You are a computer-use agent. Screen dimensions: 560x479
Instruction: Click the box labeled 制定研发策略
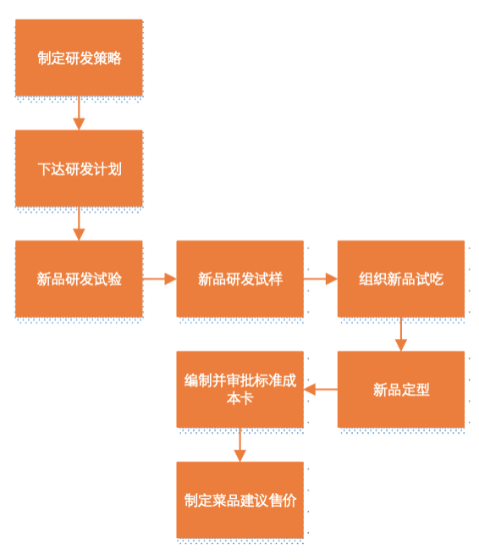point(79,58)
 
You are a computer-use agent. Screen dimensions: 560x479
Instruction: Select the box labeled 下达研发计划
point(79,168)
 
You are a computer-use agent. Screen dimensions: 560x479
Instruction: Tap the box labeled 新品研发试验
point(79,279)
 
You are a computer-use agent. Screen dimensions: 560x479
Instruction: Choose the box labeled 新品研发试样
point(239,279)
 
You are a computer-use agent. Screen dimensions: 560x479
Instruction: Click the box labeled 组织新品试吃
point(400,279)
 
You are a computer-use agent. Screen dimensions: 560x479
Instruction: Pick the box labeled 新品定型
point(400,390)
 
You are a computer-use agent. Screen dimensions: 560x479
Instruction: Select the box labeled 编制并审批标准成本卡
point(239,390)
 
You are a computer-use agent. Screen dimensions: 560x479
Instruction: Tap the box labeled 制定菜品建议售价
point(239,500)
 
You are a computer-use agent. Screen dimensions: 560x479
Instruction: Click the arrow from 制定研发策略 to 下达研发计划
point(79,113)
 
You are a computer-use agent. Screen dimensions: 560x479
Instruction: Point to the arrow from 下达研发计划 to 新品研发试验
point(79,224)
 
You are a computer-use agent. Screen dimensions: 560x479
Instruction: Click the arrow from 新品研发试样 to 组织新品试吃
point(320,279)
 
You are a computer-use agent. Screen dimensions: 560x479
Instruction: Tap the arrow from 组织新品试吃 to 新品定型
point(400,334)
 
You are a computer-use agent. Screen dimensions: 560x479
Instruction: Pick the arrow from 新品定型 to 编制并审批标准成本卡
point(320,390)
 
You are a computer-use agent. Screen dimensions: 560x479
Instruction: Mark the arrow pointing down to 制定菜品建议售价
point(239,445)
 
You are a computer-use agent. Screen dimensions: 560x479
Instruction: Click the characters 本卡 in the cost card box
point(239,398)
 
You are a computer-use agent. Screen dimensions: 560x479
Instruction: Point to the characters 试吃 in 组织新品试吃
point(429,279)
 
